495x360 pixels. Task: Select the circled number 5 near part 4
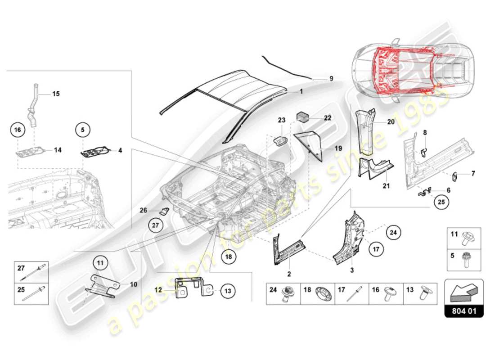83,130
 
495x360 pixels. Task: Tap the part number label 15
56,94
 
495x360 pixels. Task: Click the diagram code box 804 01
463,311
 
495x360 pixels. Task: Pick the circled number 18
229,257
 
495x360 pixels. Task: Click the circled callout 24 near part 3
393,233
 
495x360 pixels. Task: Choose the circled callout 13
228,291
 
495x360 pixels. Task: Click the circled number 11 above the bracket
101,261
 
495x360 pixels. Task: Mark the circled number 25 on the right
441,202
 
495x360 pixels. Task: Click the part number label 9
331,78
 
